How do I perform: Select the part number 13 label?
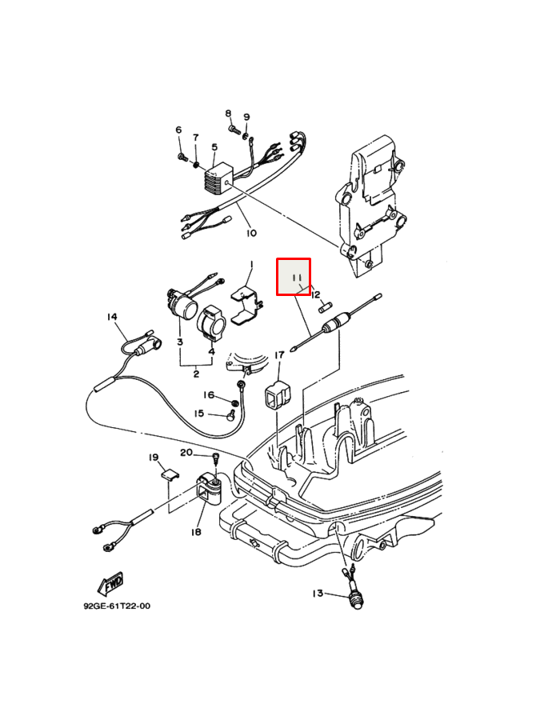318,593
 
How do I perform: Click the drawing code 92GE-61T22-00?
117,606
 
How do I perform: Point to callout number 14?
112,317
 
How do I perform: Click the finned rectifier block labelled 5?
216,178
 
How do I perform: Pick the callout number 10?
251,234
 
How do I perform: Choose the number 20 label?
186,453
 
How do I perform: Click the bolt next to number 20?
215,458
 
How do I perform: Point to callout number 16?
209,394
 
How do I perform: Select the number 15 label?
199,414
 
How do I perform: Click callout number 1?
250,264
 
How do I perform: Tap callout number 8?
228,114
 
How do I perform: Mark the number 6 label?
178,130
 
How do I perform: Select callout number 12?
315,294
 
